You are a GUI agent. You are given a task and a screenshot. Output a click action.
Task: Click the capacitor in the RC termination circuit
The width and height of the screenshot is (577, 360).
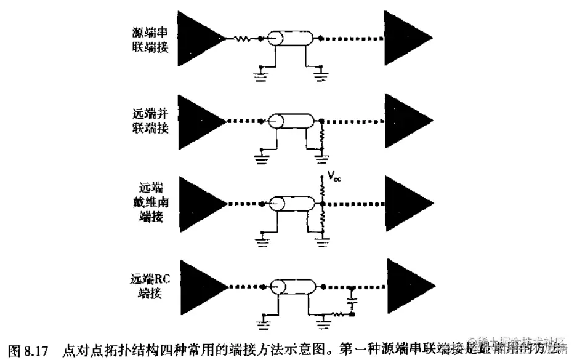(x=352, y=302)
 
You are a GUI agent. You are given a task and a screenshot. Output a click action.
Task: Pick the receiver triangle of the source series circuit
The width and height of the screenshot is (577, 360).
(x=405, y=38)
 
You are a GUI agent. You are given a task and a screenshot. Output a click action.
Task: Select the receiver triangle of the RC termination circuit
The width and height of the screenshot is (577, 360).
(x=405, y=286)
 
